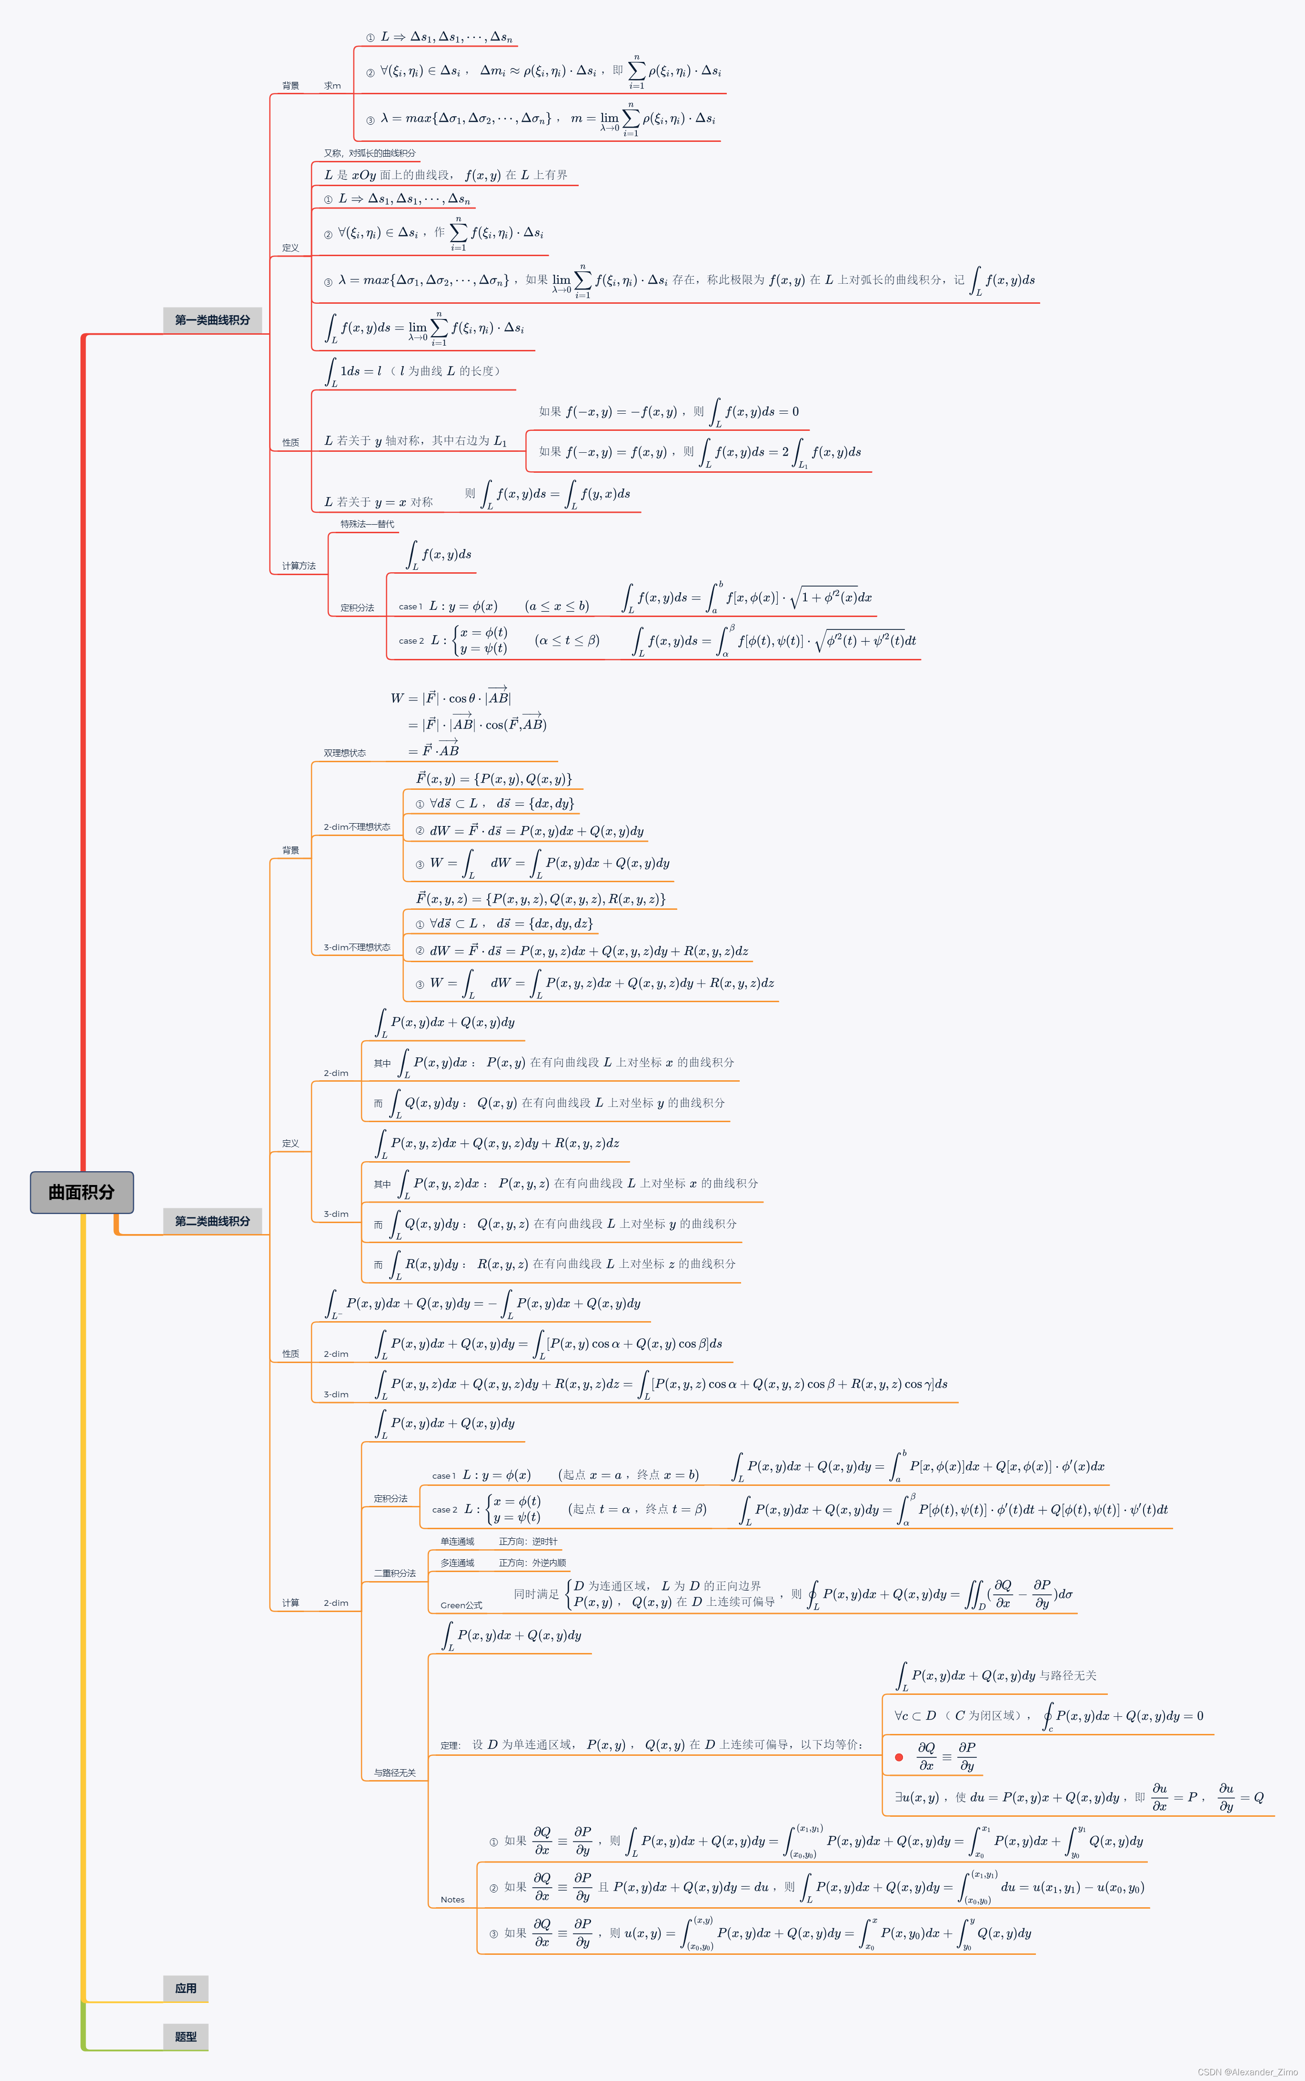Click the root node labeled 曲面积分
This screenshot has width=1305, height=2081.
coord(81,1192)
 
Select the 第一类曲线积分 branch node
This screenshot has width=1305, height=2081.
coord(212,320)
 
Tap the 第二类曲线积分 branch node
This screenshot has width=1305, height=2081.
coord(212,1221)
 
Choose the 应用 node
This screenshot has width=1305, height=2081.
coord(186,1988)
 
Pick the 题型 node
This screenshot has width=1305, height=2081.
coord(186,2036)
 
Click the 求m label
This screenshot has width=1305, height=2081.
coord(332,85)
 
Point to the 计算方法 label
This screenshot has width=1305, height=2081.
coord(299,566)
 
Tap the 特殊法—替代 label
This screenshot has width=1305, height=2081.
coord(367,524)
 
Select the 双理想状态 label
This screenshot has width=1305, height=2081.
coord(344,753)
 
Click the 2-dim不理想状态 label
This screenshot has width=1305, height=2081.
coord(356,826)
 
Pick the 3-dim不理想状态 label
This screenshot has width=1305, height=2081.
coord(356,947)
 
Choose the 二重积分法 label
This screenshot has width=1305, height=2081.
coord(394,1573)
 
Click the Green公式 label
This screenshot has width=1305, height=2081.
coord(461,1605)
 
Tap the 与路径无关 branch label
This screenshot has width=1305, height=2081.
coord(394,1772)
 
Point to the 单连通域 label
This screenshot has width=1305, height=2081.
coord(457,1541)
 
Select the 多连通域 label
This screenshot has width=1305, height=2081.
coord(457,1563)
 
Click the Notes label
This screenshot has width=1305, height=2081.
coord(452,1899)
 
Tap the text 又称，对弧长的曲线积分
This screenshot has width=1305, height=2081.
coord(370,153)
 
